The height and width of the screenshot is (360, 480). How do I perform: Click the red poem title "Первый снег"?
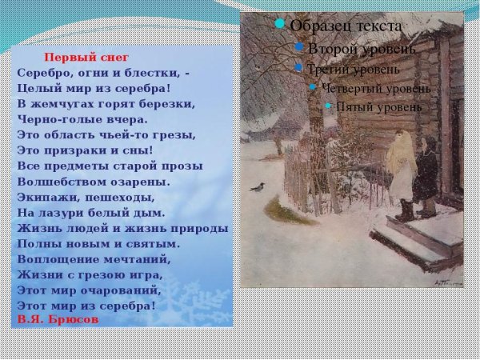click(86, 58)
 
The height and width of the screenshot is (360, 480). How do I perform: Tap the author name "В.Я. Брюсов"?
click(58, 318)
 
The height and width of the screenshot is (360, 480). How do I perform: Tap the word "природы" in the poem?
click(202, 228)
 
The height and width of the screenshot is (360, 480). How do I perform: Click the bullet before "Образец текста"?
click(280, 24)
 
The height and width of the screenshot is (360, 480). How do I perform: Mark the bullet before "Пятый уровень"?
click(327, 105)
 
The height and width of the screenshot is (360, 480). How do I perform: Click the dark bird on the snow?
click(258, 187)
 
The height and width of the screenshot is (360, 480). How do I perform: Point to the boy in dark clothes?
click(426, 176)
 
